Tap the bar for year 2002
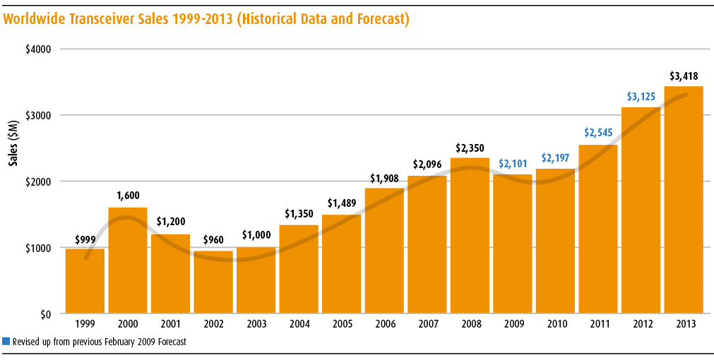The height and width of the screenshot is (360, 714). [213, 282]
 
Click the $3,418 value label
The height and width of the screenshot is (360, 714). [684, 76]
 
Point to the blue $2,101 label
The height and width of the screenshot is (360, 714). [513, 164]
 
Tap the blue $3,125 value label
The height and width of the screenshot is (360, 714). [641, 97]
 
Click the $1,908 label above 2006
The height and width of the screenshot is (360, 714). [384, 178]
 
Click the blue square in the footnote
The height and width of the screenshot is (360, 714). [6, 342]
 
